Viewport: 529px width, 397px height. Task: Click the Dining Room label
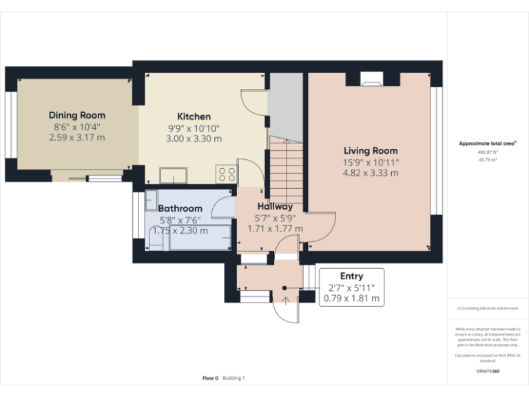click(76, 115)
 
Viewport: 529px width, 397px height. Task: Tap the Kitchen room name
click(194, 116)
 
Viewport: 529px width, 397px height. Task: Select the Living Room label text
click(371, 151)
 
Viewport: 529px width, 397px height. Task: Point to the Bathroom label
click(180, 208)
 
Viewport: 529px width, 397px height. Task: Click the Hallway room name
click(275, 206)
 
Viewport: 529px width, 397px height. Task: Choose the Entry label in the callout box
click(351, 276)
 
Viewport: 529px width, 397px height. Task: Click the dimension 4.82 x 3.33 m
click(371, 173)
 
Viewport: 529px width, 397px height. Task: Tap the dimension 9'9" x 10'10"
click(194, 128)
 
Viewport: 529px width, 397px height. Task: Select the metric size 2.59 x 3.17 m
click(76, 137)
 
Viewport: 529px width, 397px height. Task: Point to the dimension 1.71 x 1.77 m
click(275, 228)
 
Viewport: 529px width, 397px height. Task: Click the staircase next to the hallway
click(286, 165)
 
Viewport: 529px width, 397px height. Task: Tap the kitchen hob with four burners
click(226, 174)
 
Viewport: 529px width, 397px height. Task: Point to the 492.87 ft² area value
click(488, 152)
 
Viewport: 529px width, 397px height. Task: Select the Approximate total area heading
click(488, 143)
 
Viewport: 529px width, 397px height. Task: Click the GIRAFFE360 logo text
click(488, 371)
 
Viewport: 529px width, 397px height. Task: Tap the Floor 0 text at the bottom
click(210, 378)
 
